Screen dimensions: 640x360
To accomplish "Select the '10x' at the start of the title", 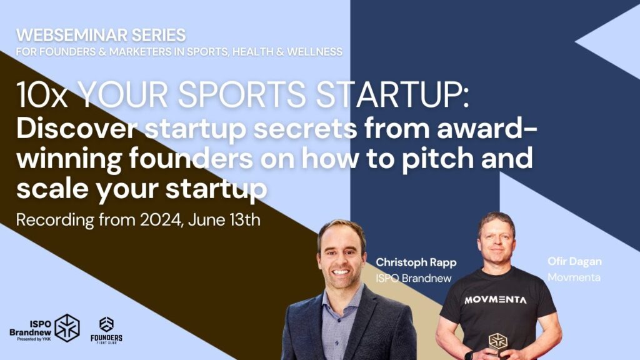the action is (42, 95).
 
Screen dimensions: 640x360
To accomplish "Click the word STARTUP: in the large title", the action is (392, 95).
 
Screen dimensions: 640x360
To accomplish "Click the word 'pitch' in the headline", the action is (437, 159).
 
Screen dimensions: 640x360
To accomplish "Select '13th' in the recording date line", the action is (244, 219).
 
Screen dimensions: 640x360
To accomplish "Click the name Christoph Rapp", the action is (416, 262).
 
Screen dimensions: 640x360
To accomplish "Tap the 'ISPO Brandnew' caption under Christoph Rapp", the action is (414, 278).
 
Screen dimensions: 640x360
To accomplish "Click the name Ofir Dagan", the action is (574, 261).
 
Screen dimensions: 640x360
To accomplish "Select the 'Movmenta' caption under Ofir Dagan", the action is (574, 277).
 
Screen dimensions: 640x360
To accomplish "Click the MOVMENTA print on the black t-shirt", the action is (496, 300).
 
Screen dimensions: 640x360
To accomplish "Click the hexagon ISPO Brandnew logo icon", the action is (67, 327).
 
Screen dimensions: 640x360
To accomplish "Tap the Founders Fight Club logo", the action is (106, 330).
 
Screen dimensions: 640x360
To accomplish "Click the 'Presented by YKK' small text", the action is (34, 339).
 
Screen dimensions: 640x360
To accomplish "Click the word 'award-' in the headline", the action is (487, 129).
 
